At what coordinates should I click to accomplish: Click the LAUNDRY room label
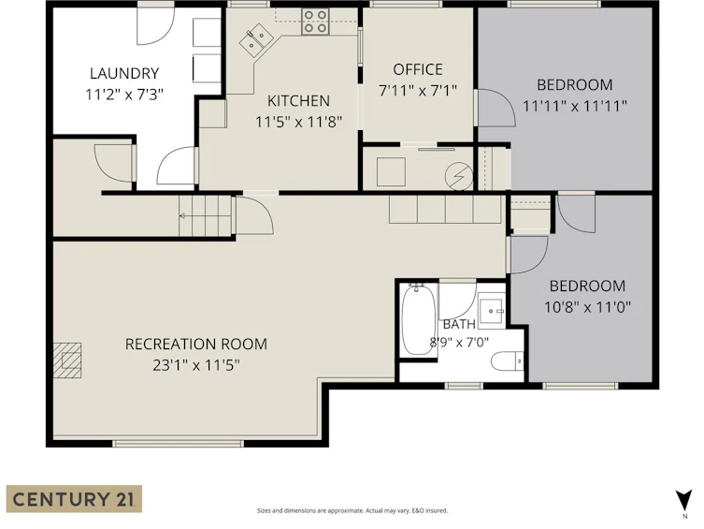tap(124, 73)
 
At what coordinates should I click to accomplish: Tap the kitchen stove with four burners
tap(315, 22)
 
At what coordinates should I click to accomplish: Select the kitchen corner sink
tap(254, 39)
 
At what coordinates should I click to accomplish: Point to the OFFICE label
tap(418, 69)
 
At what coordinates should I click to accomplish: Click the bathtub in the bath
tap(419, 319)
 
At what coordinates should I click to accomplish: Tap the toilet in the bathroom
tap(508, 361)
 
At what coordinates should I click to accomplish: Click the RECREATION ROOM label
tap(196, 344)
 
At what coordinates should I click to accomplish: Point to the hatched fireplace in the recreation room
tap(67, 360)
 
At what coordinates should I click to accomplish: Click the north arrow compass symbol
tap(683, 501)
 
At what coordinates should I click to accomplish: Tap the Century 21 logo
tap(74, 499)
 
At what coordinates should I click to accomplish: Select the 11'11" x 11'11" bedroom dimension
tap(575, 106)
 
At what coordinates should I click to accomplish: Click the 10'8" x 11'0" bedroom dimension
tap(588, 307)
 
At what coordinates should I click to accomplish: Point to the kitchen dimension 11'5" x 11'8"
tap(298, 122)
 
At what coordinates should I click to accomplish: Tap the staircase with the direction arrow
tap(206, 216)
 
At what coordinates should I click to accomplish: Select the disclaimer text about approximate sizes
tap(352, 510)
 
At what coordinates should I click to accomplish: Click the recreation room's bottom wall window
tap(178, 444)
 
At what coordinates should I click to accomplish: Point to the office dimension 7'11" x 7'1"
tap(418, 91)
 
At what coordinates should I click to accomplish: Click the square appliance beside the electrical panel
tap(391, 171)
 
